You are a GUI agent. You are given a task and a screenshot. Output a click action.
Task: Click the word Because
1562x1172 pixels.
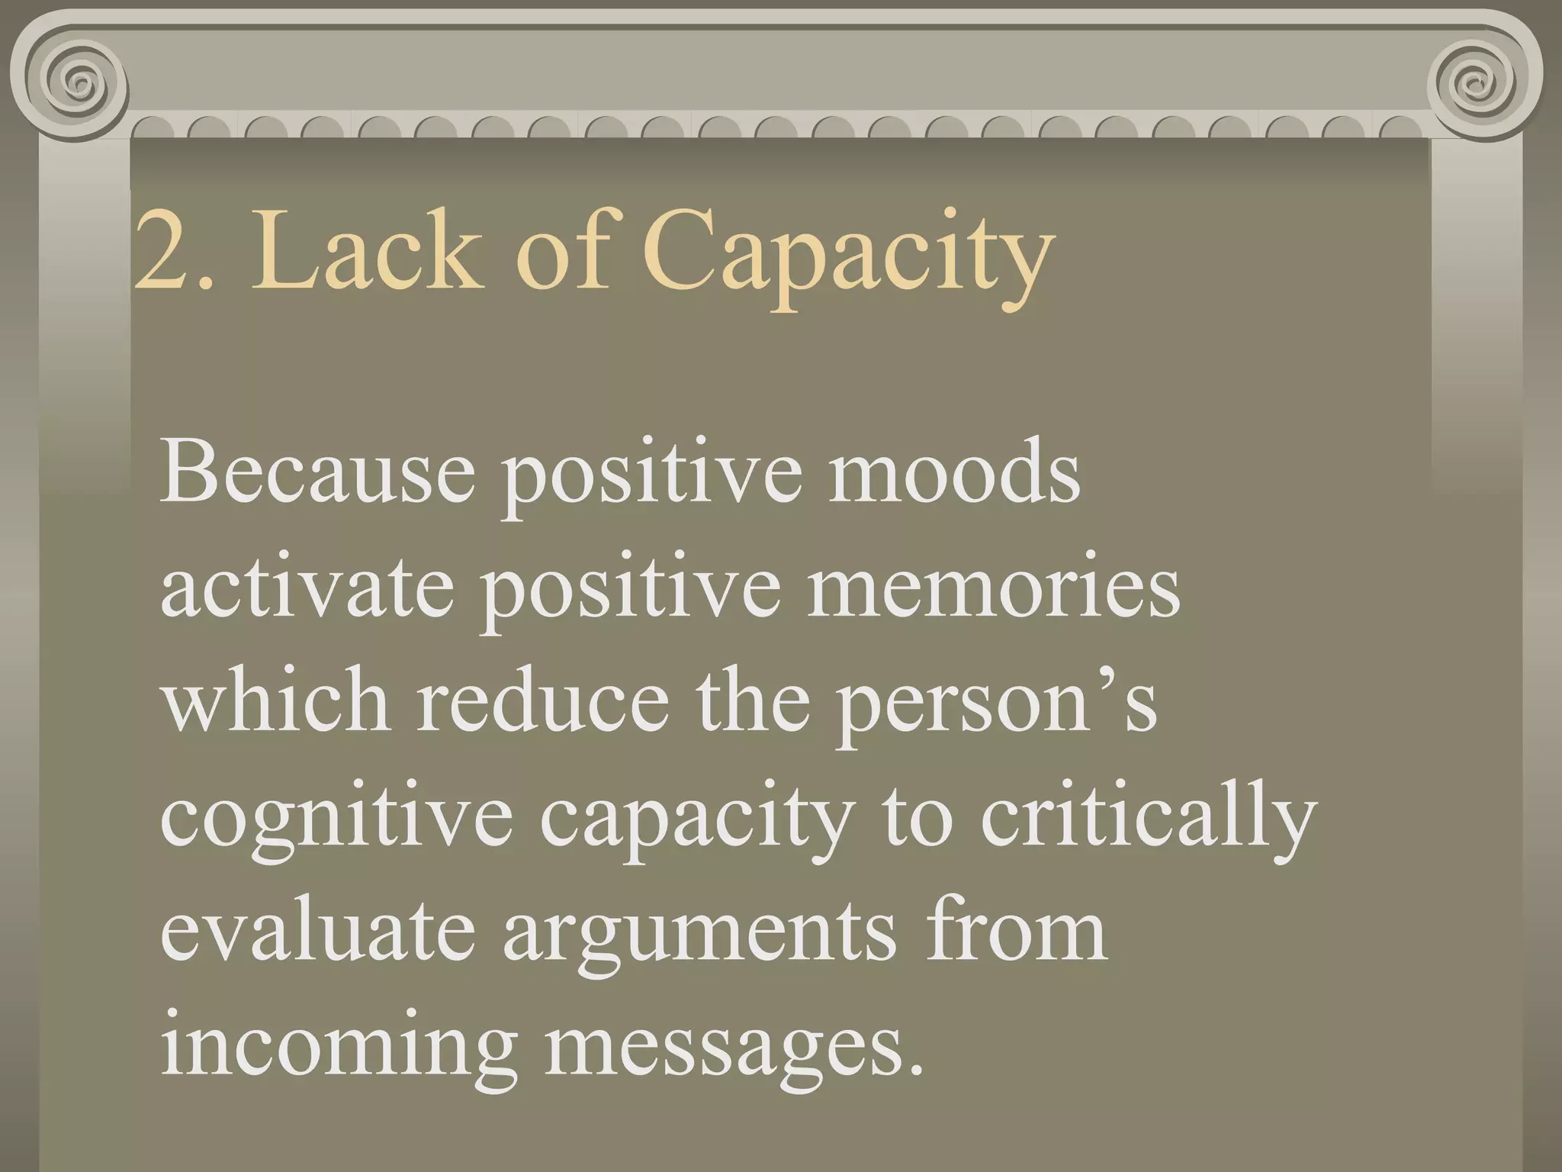[x=317, y=473]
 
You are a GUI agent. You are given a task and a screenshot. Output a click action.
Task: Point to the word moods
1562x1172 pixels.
[x=954, y=473]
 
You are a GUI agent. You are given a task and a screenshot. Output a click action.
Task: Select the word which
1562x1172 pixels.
[x=275, y=702]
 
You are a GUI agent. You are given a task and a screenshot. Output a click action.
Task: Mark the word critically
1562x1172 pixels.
[x=1149, y=820]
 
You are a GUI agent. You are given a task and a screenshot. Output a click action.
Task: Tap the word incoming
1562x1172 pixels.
[x=339, y=1049]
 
